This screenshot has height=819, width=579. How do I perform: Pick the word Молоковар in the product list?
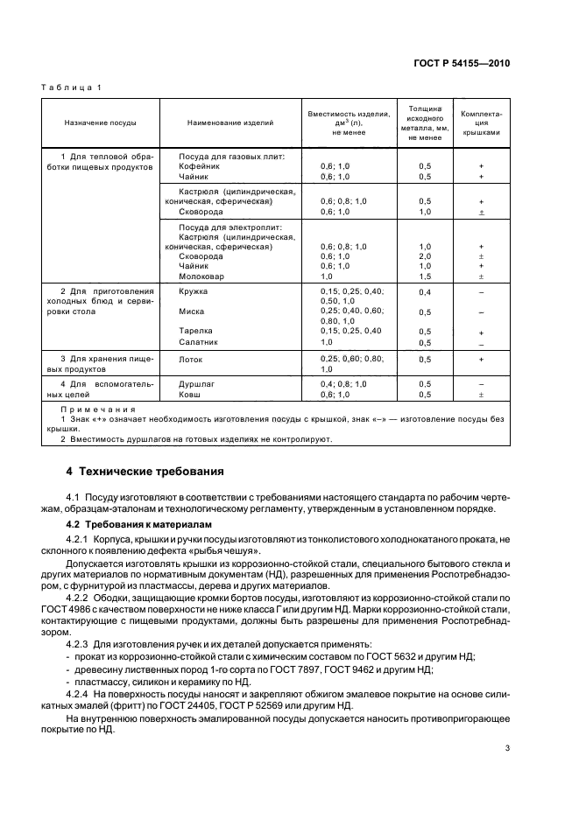pos(201,276)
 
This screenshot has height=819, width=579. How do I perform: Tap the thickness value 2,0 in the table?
pos(425,257)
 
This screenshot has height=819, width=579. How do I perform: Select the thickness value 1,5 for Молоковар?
pos(425,276)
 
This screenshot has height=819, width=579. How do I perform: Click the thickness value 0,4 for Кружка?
pos(425,291)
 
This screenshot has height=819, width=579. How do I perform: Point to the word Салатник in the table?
pos(200,342)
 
